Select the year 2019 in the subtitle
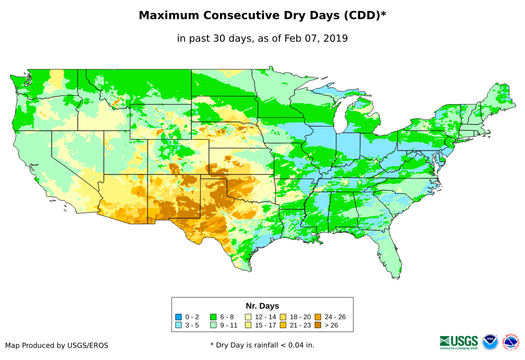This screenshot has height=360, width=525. [336, 39]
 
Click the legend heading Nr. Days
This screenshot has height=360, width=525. [262, 306]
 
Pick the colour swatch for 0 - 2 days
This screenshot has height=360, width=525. [179, 317]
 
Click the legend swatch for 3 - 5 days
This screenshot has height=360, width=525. [179, 326]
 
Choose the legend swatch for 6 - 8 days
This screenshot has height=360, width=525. [213, 317]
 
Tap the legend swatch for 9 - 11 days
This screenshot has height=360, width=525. [213, 326]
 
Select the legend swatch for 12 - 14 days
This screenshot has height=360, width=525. [248, 317]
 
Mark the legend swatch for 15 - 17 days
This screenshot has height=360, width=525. [248, 326]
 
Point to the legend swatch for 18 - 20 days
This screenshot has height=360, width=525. [283, 317]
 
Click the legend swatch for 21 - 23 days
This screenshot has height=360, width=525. [283, 326]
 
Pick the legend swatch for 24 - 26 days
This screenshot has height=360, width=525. [318, 317]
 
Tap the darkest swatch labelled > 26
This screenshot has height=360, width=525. [318, 326]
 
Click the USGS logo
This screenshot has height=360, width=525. [459, 342]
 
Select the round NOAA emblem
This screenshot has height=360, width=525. [490, 342]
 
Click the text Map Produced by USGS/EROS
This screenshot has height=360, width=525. [57, 345]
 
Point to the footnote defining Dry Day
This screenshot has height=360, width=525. [262, 345]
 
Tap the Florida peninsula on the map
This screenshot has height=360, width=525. [391, 255]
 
